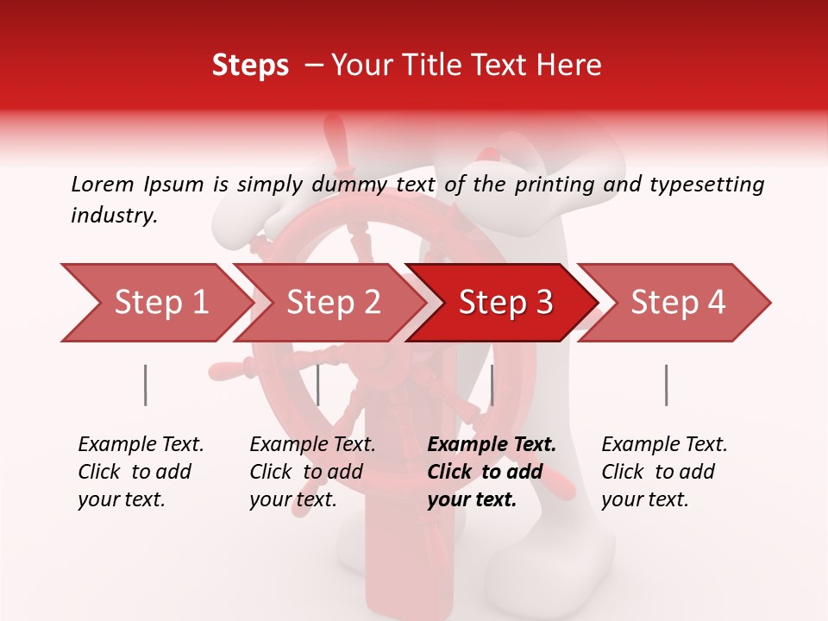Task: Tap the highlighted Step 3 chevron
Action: [x=505, y=303]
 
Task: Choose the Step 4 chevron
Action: [x=677, y=303]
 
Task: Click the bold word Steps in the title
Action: [x=250, y=66]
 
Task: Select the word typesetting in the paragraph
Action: [x=706, y=185]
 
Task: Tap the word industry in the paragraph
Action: [x=114, y=216]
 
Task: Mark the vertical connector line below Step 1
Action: [x=145, y=385]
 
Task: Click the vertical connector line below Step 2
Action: [x=318, y=385]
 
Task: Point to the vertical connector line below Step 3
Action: [x=492, y=385]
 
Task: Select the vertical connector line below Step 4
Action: [x=666, y=385]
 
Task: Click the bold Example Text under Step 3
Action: [x=492, y=445]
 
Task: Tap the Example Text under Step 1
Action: [x=141, y=445]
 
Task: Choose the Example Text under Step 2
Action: [x=312, y=445]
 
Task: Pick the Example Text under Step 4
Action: [x=664, y=445]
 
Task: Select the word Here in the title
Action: [x=573, y=66]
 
